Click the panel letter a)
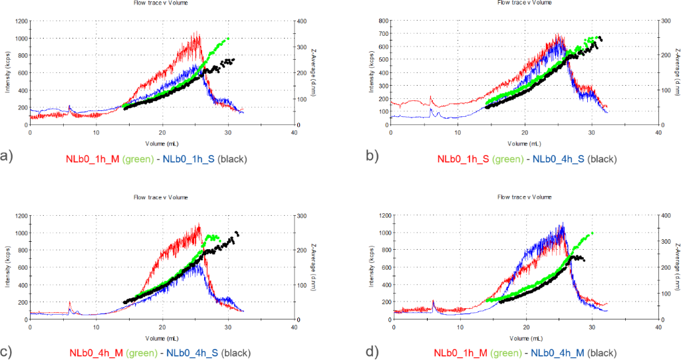[x=7, y=157]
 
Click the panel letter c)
[x=7, y=352]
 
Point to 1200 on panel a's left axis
[x=19, y=21]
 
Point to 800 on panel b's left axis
[x=384, y=21]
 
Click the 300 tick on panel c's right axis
[x=303, y=216]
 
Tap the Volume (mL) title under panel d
[x=525, y=337]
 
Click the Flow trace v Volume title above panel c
[x=161, y=197]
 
